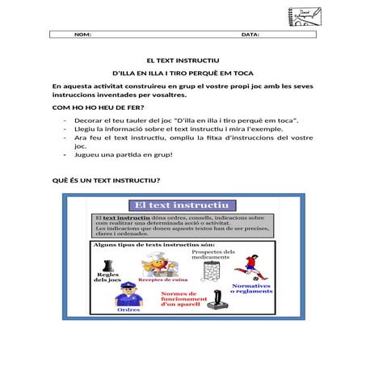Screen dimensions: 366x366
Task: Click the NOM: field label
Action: coord(82,35)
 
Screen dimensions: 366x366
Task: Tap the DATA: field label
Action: coord(250,35)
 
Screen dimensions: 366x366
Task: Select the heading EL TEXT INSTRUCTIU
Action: coord(183,61)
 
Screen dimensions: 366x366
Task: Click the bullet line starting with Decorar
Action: coord(186,120)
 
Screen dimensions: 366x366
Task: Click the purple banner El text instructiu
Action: coord(183,207)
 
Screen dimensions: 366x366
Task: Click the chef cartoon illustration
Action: coord(154,263)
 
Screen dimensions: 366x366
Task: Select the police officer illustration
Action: coord(128,293)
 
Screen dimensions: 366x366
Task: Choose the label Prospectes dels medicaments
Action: coord(213,256)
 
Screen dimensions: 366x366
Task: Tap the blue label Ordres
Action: coord(128,309)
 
